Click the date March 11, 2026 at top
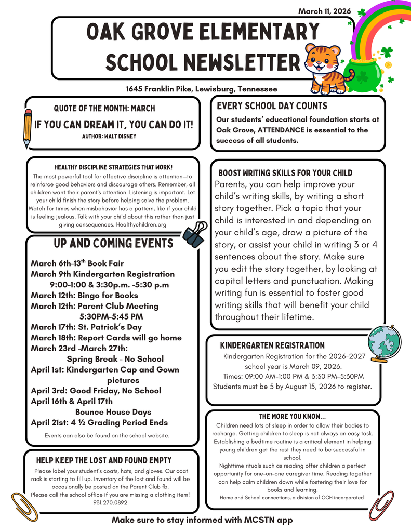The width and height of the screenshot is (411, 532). tap(325, 11)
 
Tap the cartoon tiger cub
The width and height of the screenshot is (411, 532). tap(325, 68)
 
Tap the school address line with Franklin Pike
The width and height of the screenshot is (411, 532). tap(202, 89)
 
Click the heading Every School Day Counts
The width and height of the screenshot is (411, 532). tap(272, 106)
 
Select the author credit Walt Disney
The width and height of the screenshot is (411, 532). tap(109, 136)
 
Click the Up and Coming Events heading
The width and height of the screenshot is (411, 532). tap(113, 244)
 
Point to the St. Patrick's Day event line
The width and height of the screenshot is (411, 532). tap(86, 327)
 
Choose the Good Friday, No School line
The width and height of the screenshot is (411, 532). tap(96, 391)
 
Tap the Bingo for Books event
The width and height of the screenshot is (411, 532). tap(84, 295)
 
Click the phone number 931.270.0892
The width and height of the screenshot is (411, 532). tap(110, 502)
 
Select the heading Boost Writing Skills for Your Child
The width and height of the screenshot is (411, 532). tap(285, 173)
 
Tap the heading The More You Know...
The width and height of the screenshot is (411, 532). tap(293, 417)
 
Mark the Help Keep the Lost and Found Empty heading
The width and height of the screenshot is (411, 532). tap(103, 460)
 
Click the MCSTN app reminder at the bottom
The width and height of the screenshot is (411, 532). tap(202, 520)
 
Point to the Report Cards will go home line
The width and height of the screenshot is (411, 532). tap(106, 338)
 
